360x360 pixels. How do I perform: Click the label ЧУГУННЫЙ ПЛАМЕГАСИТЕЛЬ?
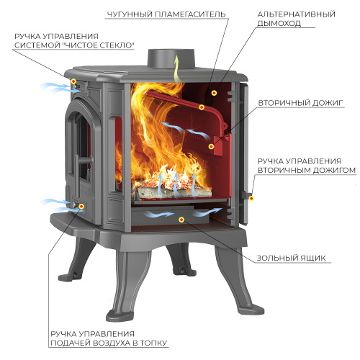click(166, 14)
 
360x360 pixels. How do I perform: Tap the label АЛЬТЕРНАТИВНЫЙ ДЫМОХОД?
click(296, 19)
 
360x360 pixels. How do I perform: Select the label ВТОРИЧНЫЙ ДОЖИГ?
click(300, 103)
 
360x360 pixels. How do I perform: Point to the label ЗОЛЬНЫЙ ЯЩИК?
click(291, 258)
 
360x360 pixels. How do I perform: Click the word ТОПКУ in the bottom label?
click(153, 343)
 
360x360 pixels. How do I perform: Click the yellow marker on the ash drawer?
click(181, 220)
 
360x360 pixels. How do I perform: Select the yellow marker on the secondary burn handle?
click(251, 199)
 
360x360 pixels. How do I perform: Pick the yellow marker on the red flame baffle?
click(202, 107)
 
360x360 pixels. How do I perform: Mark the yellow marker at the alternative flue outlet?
click(214, 93)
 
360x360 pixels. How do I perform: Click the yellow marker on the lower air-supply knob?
click(81, 206)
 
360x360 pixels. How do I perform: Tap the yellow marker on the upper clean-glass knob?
click(73, 81)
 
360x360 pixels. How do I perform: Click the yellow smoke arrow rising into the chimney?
click(177, 70)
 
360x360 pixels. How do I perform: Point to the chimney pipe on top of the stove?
click(171, 59)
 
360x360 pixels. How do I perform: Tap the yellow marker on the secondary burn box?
click(211, 146)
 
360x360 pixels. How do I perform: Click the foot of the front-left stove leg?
click(120, 315)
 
